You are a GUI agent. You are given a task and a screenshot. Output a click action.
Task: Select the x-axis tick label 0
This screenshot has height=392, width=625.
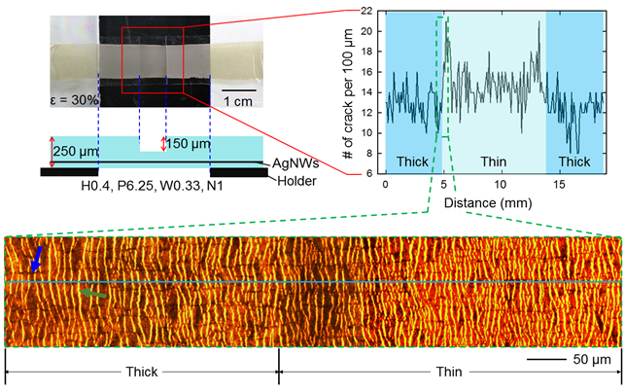coord(385,184)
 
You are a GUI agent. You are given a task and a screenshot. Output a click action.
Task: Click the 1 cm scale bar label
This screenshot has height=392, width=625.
coord(241,101)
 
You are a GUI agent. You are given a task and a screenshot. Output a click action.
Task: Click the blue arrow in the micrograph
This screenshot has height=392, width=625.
coord(35,258)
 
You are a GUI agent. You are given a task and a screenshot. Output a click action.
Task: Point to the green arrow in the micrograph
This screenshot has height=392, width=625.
coord(93,291)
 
